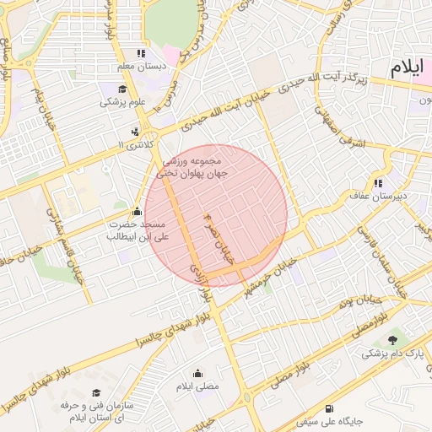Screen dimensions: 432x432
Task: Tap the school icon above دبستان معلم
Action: (151, 53)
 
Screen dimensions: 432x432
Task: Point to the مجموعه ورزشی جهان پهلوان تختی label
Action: (192, 166)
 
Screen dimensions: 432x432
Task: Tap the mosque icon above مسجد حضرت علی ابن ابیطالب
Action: (138, 211)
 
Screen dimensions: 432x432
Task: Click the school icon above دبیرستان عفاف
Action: (378, 182)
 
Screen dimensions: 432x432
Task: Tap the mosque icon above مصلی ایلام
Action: (197, 373)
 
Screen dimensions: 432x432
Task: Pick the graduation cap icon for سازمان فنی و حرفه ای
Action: (96, 393)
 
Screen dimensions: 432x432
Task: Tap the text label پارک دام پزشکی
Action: (387, 354)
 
